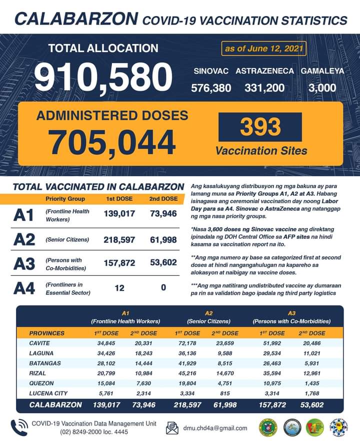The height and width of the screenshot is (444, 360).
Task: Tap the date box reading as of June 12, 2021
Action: (x=263, y=49)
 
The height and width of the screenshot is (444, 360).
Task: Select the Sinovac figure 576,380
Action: (x=211, y=88)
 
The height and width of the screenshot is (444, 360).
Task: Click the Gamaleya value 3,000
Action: (x=322, y=88)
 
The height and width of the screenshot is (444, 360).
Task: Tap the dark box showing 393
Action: (x=260, y=127)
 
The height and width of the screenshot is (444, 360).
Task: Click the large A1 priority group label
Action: (x=25, y=216)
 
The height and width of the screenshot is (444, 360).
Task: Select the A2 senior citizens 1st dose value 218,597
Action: (x=119, y=240)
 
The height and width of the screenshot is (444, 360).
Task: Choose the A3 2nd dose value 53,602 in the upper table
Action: (x=163, y=263)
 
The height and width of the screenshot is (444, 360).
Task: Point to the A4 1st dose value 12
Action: (x=119, y=288)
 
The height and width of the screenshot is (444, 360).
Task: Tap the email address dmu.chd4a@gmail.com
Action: (x=214, y=428)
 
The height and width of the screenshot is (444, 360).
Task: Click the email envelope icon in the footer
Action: (x=172, y=428)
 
